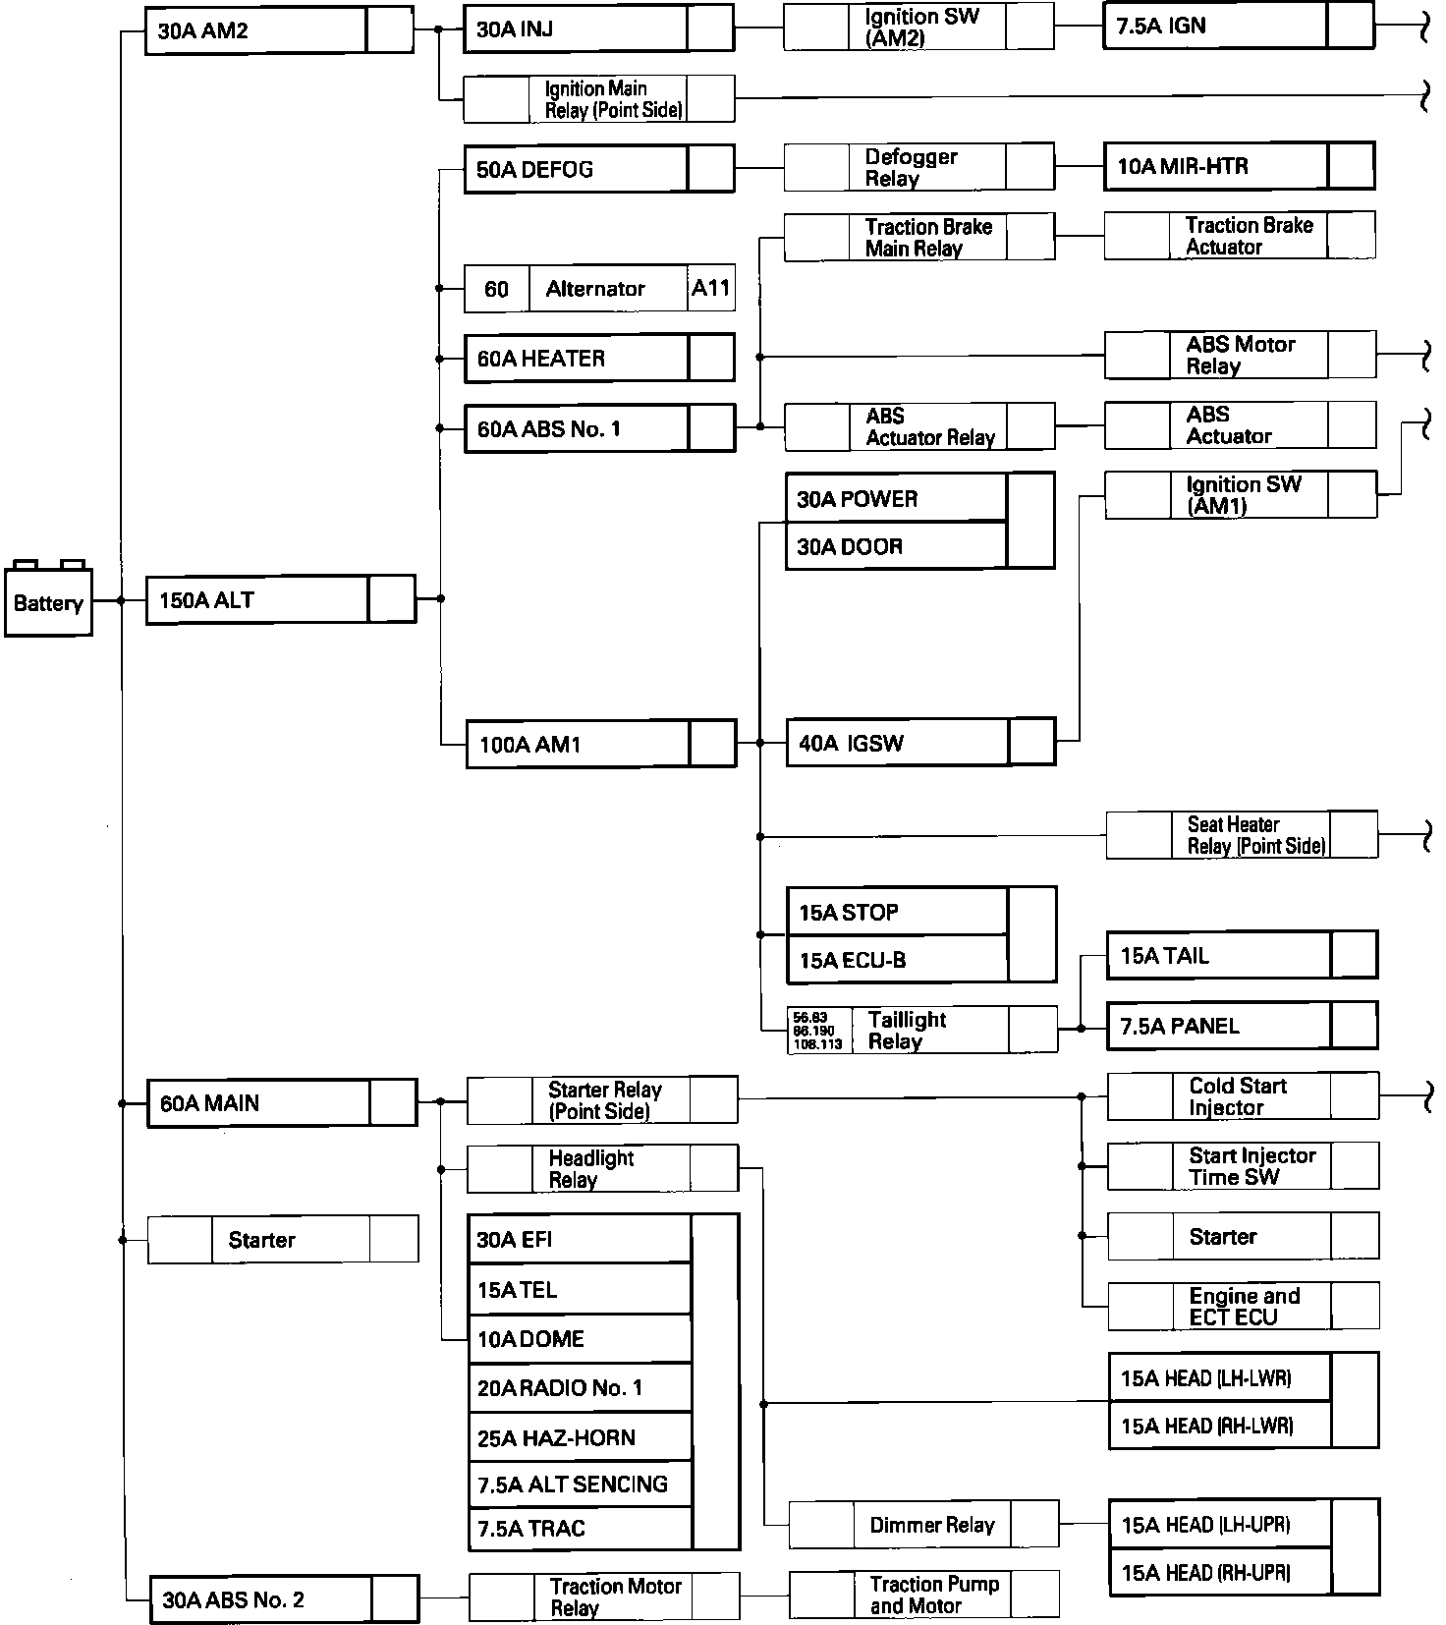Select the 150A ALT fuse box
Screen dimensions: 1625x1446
pos(280,599)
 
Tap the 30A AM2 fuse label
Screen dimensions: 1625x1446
pos(204,30)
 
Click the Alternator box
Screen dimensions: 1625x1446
pos(595,289)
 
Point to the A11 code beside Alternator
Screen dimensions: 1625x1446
pos(711,288)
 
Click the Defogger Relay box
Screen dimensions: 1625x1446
pos(918,168)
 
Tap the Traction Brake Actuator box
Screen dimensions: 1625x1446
pos(1240,236)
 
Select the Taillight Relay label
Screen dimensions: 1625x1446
pos(907,1031)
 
